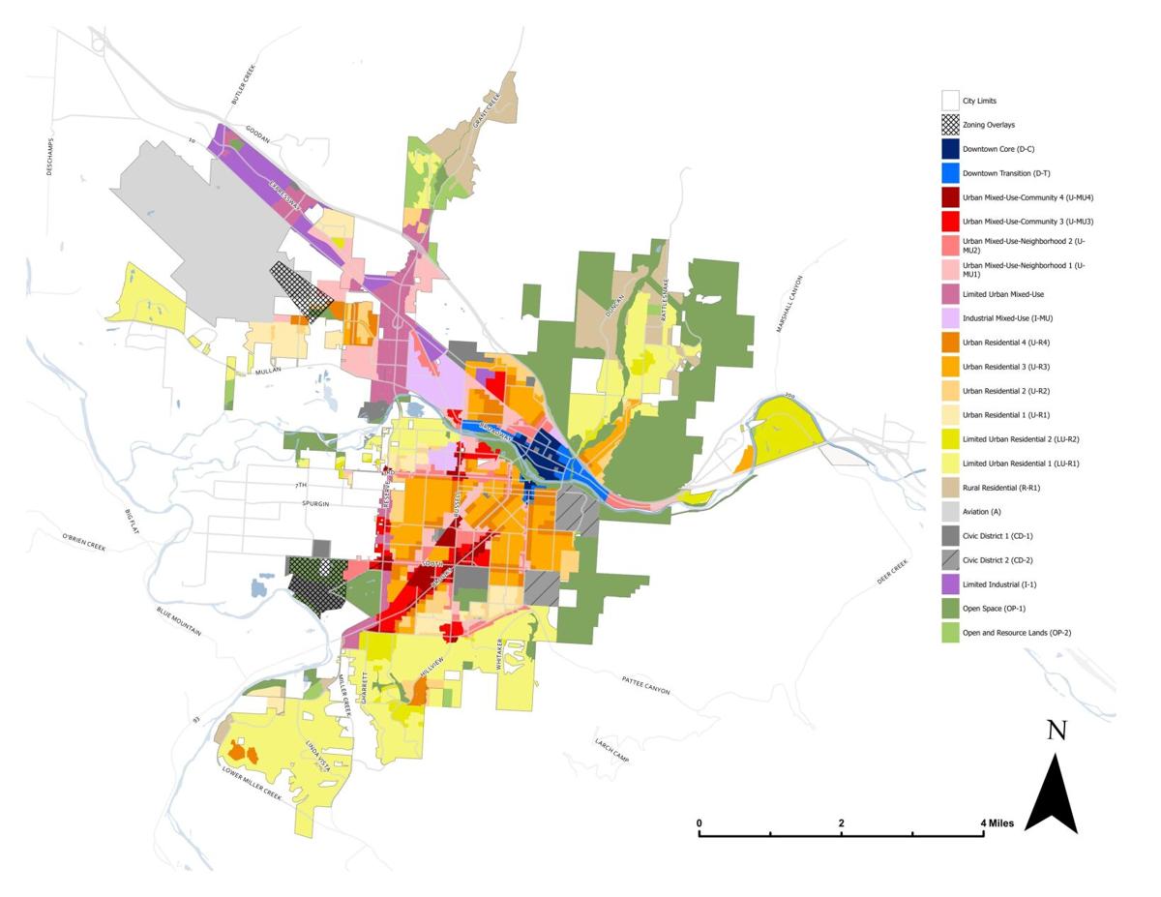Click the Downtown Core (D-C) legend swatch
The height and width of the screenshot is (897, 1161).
[x=950, y=149]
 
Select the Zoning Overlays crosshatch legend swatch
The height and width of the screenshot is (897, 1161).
[x=950, y=125]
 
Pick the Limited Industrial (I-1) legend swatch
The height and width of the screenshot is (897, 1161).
[x=950, y=584]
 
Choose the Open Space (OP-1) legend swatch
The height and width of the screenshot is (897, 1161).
[x=950, y=609]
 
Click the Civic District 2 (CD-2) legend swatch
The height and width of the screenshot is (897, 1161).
[x=950, y=560]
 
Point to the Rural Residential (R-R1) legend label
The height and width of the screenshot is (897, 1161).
[x=1002, y=488]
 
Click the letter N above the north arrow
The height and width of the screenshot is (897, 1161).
[x=1057, y=732]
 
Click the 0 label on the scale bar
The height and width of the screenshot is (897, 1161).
[x=700, y=823]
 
